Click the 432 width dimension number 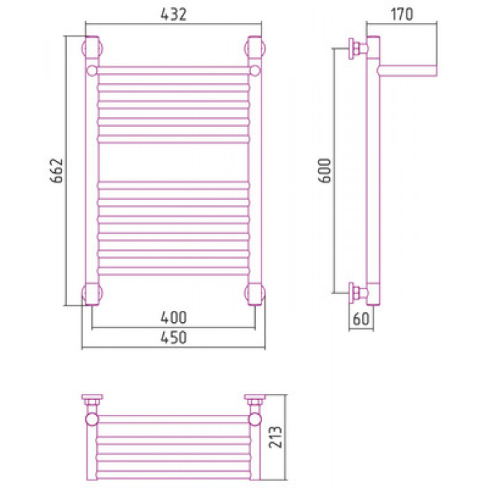(x=174, y=15)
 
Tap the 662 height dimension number (x=56, y=171)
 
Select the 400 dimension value (x=174, y=317)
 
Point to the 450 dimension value (x=174, y=337)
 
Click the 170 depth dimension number (x=402, y=15)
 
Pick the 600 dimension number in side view (x=325, y=171)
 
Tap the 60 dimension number (x=361, y=319)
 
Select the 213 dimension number (x=275, y=437)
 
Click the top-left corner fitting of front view (x=92, y=48)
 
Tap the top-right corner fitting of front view (x=255, y=48)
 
